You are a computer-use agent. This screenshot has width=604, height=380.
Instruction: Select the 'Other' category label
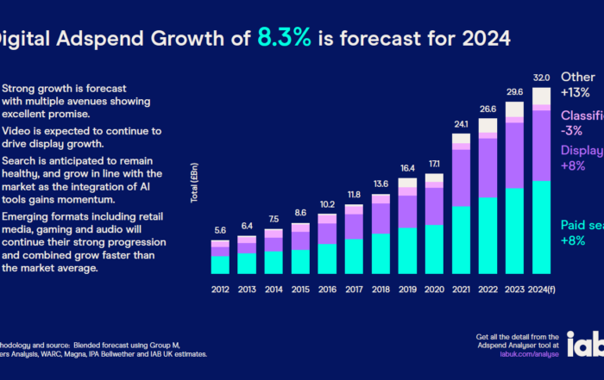click(x=578, y=76)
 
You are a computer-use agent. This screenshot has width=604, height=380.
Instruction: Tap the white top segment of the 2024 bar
click(x=542, y=96)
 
